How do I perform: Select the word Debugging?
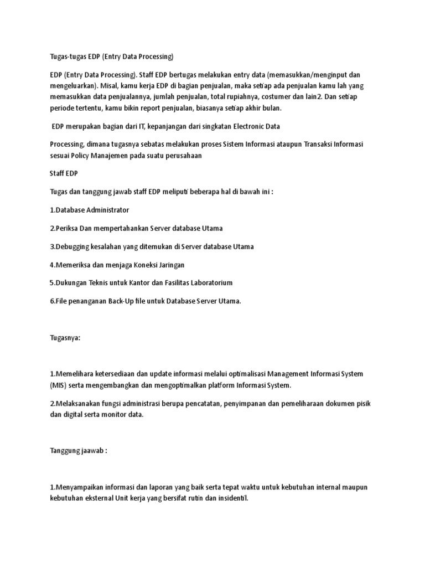[x=72, y=246]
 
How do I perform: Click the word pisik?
[x=361, y=404]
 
